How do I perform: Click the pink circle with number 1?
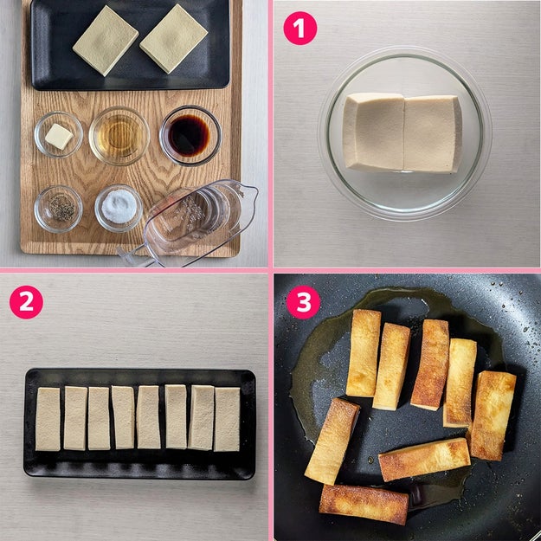[x=299, y=29]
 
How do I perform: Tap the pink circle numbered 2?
[x=26, y=302]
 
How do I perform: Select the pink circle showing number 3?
[x=303, y=302]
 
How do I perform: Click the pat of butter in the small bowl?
[x=59, y=137]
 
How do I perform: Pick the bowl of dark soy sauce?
[x=190, y=135]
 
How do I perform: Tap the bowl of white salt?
[x=119, y=208]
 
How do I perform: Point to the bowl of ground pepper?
[x=58, y=209]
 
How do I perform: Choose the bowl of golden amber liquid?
[x=119, y=136]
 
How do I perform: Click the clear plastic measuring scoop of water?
[x=193, y=222]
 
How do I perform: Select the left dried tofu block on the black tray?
[x=106, y=41]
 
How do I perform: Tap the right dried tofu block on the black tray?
[x=173, y=39]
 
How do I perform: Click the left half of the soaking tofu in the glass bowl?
[x=374, y=132]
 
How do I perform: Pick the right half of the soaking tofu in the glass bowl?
[x=433, y=134]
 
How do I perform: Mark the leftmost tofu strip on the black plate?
[x=48, y=419]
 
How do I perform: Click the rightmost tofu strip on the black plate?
[x=227, y=419]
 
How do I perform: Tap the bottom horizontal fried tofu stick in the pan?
[x=364, y=504]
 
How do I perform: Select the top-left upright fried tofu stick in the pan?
[x=364, y=353]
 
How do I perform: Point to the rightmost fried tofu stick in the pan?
[x=493, y=415]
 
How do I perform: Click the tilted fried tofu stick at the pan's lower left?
[x=332, y=441]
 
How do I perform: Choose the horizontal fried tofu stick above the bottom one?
[x=424, y=460]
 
